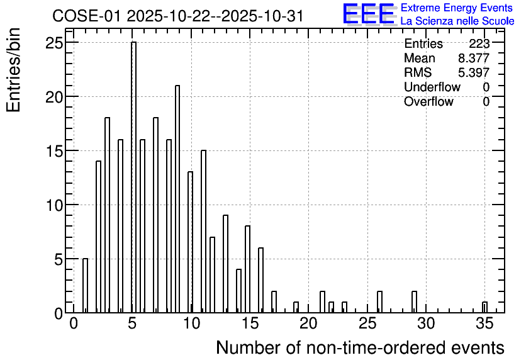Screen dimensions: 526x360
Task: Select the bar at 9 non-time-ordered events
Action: coord(177,199)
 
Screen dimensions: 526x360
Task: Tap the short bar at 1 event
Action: coord(85,286)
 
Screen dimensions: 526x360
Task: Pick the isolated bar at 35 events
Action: coord(484,307)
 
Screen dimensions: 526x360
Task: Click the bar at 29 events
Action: coord(414,302)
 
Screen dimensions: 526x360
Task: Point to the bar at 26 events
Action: coord(379,302)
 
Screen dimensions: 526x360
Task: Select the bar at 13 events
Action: coord(225,264)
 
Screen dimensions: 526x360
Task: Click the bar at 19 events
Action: coord(296,307)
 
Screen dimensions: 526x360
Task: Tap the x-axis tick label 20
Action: coord(309,323)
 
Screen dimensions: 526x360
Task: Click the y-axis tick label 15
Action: coord(55,151)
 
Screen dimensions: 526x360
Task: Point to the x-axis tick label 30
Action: coord(426,323)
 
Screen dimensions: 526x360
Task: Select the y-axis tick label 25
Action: coord(55,43)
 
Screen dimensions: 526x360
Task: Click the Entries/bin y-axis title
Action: coord(13,70)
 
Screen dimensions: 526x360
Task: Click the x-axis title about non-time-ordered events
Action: coord(360,347)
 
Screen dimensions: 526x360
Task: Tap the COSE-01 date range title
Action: coord(178,16)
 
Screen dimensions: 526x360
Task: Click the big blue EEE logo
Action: coord(369,14)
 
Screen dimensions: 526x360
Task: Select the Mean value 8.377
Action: coord(474,58)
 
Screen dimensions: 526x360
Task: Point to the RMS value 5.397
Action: coord(474,72)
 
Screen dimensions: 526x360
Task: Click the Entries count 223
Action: coord(479,43)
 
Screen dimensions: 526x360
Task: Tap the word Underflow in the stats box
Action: coord(432,87)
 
